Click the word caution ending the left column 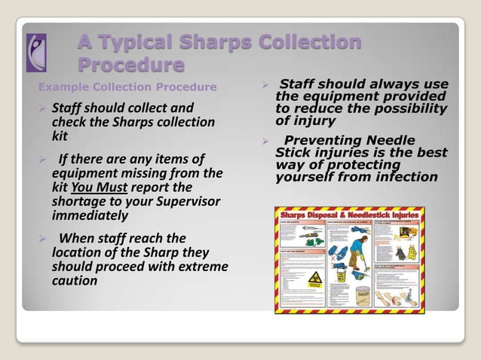pyautogui.click(x=74, y=281)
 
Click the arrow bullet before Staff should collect pyautogui.click(x=41, y=108)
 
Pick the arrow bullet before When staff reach pyautogui.click(x=41, y=239)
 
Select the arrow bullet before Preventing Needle pyautogui.click(x=265, y=141)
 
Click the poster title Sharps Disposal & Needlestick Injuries pyautogui.click(x=349, y=214)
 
